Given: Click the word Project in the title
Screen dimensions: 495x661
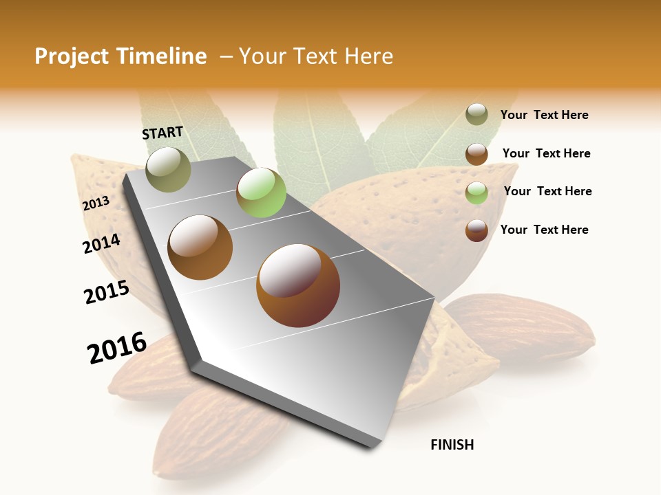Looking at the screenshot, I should (72, 56).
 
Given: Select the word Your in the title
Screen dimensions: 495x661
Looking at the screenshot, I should (262, 56).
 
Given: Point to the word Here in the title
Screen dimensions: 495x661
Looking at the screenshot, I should (368, 56).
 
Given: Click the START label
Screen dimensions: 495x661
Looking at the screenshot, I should (162, 133).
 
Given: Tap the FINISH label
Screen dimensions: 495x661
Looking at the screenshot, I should (452, 445).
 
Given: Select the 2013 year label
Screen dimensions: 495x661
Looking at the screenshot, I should (96, 203).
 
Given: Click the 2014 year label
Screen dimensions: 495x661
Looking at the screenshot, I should (101, 243).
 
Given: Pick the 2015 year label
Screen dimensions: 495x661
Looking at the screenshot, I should (106, 292).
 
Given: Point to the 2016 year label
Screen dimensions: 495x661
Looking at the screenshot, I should (117, 347).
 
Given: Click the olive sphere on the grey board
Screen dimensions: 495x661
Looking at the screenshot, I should (168, 169).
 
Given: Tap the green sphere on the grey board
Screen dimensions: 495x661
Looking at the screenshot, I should (261, 192).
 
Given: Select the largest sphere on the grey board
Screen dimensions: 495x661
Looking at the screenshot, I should (297, 285).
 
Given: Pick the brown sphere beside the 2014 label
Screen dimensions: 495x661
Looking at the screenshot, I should (200, 247).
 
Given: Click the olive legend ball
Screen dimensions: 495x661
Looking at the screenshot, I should (476, 115).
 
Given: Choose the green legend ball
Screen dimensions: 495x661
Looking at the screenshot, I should (476, 192).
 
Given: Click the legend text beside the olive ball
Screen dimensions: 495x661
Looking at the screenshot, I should (544, 115).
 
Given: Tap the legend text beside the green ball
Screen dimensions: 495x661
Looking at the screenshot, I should (547, 191).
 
